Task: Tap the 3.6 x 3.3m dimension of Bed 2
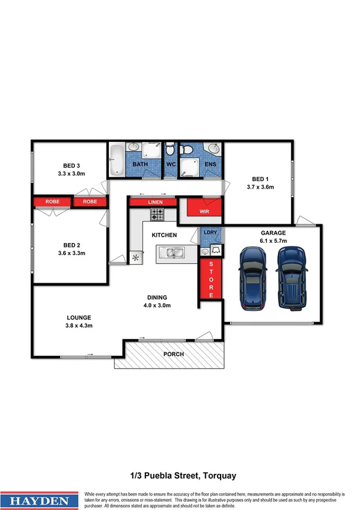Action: click(71, 253)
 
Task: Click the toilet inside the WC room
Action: click(170, 149)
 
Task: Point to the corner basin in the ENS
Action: click(213, 149)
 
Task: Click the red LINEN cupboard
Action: click(155, 202)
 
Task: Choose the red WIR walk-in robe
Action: click(204, 210)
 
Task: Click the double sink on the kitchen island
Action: click(172, 253)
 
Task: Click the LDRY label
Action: click(210, 232)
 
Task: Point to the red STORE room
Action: click(211, 280)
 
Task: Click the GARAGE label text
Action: click(273, 233)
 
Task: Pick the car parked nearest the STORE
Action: click(252, 274)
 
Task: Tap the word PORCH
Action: click(174, 354)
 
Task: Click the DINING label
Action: click(157, 297)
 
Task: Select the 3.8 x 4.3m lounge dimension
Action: click(79, 325)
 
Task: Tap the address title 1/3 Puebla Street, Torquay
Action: click(180, 475)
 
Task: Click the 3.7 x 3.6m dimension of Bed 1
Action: click(260, 187)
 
